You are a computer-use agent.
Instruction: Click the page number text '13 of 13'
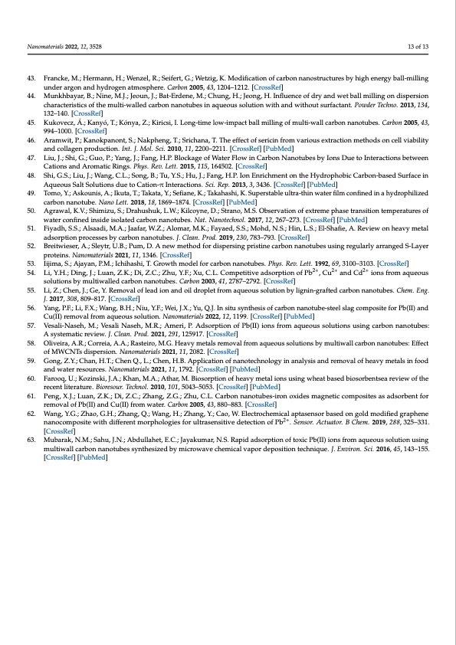tap(418, 47)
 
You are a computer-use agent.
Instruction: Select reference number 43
tap(32, 79)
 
